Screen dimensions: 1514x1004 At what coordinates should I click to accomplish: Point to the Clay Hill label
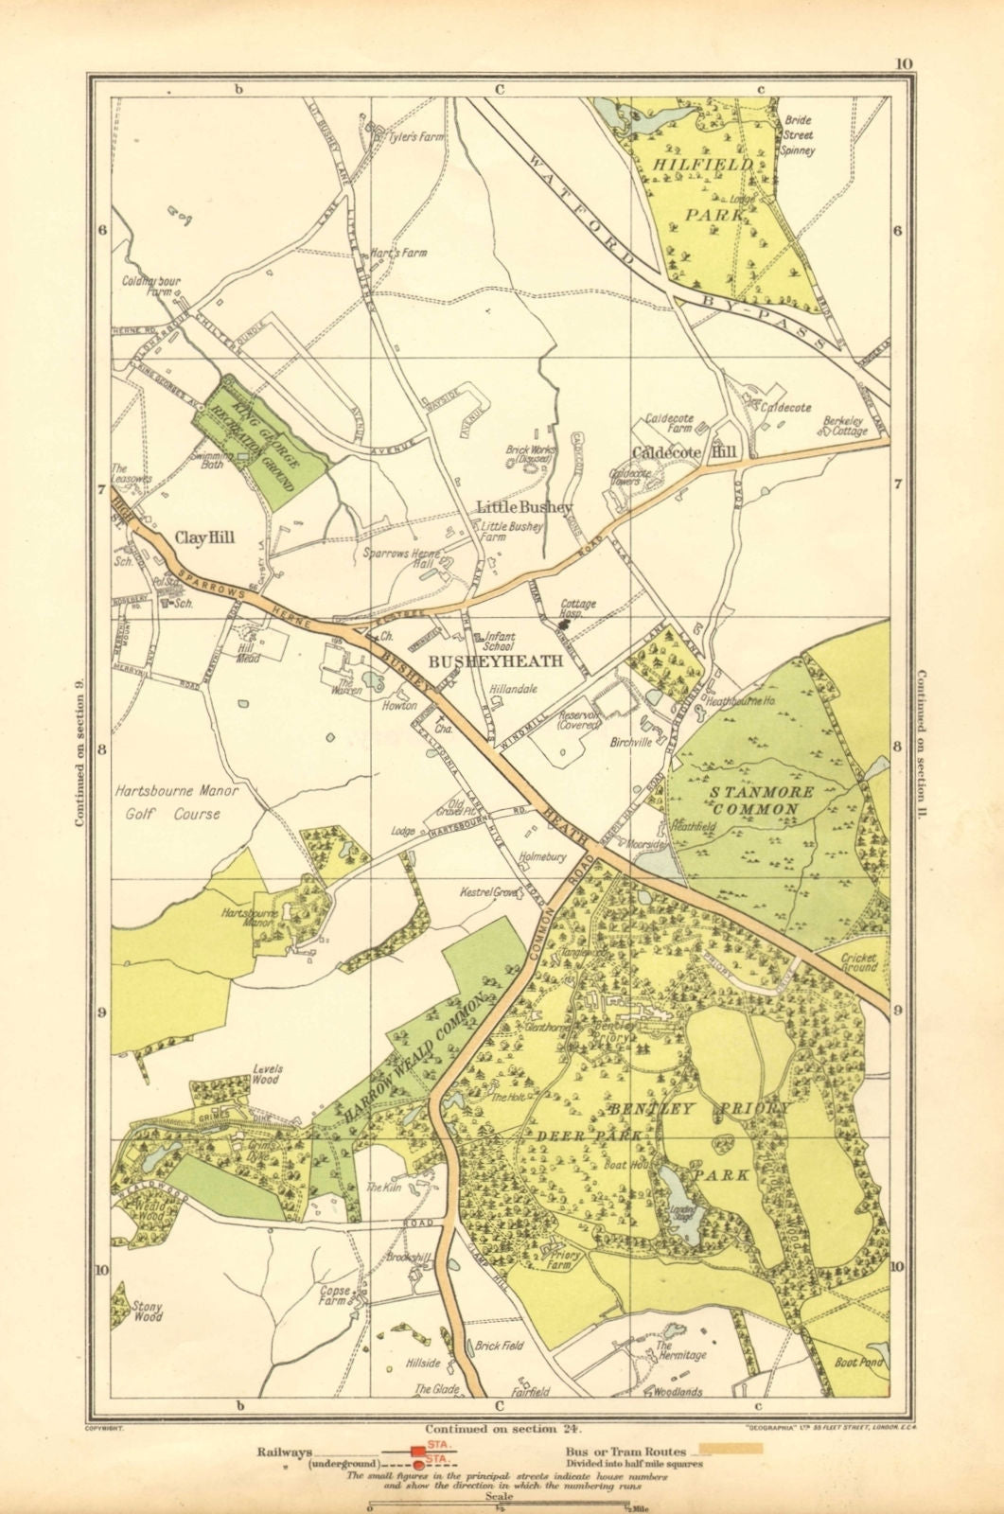coord(204,537)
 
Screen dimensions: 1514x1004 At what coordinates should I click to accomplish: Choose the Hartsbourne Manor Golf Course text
coord(175,801)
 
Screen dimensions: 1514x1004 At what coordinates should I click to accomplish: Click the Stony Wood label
coord(148,1311)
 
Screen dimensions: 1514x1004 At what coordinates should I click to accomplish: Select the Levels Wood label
coord(267,1075)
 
